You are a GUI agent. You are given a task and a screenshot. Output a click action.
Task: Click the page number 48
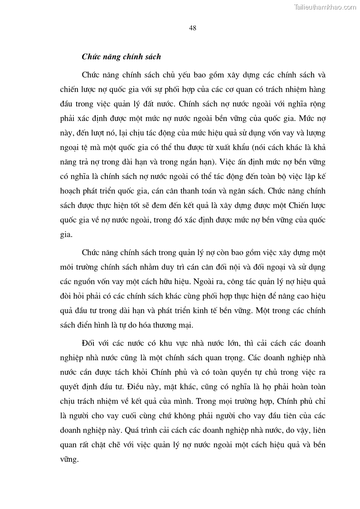(x=192, y=28)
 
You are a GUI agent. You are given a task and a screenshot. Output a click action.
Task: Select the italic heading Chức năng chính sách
(x=122, y=57)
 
